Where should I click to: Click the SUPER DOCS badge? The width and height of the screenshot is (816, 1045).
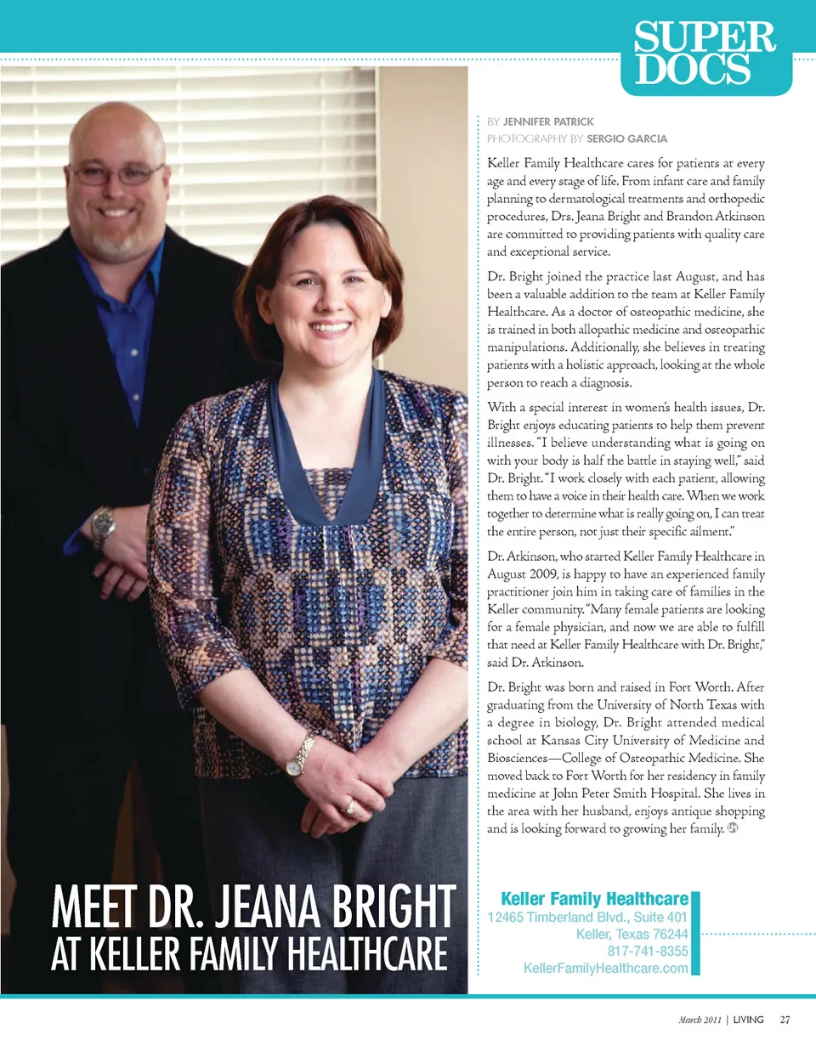(705, 54)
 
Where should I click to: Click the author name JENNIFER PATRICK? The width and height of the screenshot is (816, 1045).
(551, 122)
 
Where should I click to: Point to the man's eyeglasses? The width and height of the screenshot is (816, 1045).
(116, 175)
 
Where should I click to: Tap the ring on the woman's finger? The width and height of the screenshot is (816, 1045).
(349, 806)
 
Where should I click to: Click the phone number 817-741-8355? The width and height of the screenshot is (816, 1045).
(648, 952)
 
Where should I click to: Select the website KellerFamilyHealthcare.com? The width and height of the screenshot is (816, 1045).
(605, 969)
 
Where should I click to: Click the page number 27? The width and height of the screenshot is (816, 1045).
(785, 1020)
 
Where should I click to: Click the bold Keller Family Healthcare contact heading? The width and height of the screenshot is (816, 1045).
(594, 899)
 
